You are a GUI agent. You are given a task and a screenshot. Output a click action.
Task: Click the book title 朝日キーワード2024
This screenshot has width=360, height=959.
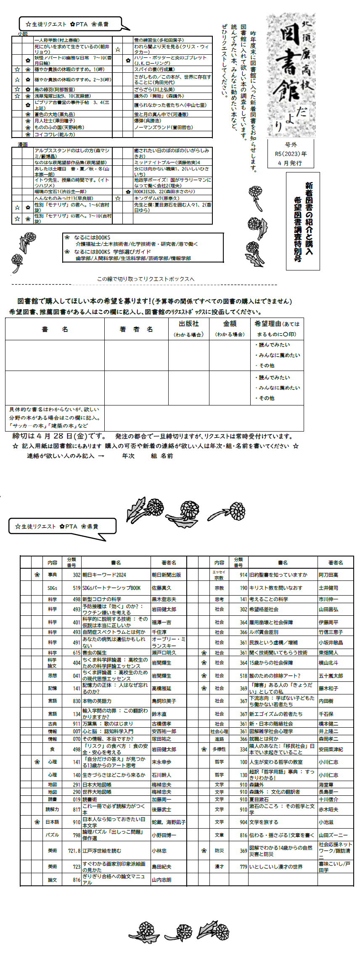(x=104, y=575)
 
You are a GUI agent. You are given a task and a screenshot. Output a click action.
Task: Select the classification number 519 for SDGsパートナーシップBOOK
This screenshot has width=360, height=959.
(x=76, y=588)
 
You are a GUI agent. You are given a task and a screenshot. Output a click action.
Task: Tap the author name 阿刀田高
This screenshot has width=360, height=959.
(x=328, y=575)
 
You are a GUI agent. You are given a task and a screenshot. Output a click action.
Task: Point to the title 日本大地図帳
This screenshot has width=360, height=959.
(x=97, y=784)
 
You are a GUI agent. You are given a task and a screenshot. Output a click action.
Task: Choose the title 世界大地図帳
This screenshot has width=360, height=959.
(x=97, y=792)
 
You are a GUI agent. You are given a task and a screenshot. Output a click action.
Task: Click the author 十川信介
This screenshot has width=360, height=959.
(x=328, y=799)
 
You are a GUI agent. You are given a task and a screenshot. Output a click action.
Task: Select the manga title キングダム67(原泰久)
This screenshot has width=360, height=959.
(x=156, y=198)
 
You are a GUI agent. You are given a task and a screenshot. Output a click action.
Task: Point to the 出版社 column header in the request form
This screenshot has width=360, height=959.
(x=188, y=324)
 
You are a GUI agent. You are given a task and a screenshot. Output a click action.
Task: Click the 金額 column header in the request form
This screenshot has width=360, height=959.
(x=230, y=324)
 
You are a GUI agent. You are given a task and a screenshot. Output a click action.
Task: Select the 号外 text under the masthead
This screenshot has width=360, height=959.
(x=291, y=145)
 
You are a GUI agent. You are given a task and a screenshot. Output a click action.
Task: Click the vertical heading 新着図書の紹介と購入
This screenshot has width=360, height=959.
(x=309, y=218)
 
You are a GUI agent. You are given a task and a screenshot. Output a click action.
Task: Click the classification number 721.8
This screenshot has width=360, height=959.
(x=74, y=850)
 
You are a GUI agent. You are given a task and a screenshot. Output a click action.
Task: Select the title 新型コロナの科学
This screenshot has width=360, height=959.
(x=102, y=599)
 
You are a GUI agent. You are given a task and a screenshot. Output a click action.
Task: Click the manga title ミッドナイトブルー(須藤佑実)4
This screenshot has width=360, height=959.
(x=167, y=162)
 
